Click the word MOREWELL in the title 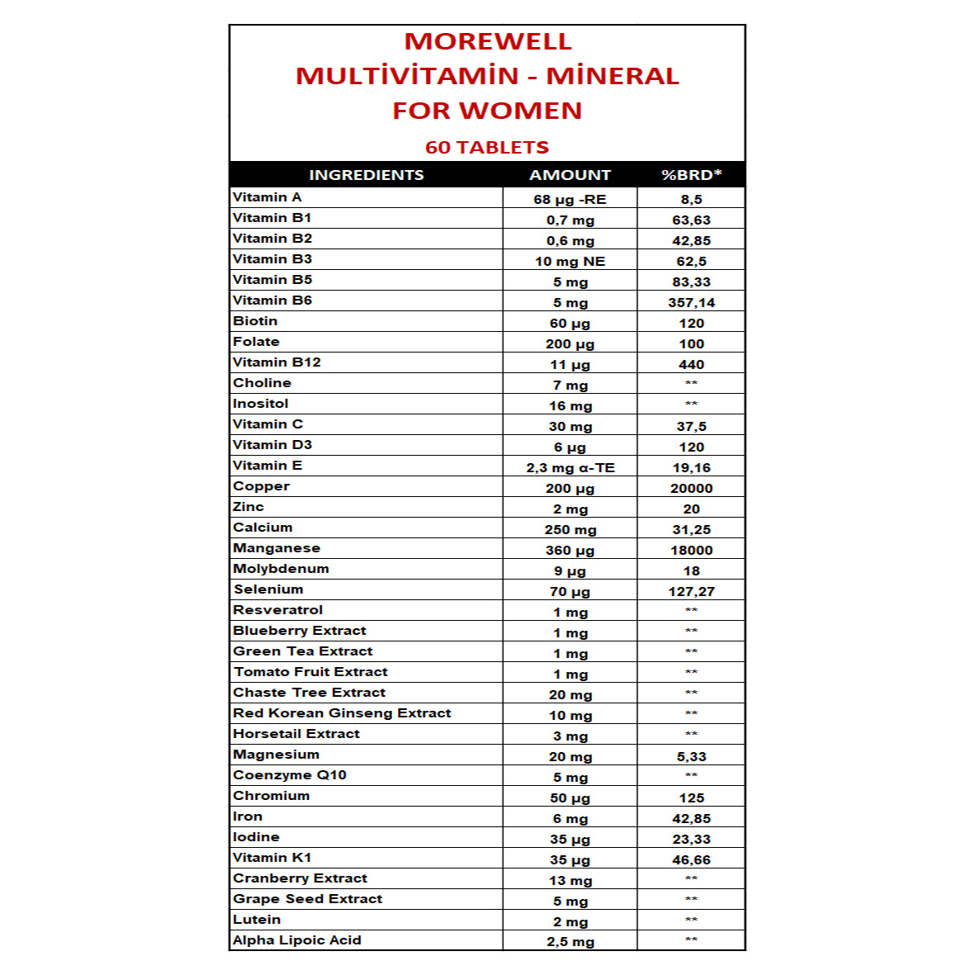487,41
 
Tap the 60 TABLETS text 487,148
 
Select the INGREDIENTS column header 367,175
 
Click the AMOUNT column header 570,175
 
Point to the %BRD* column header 691,175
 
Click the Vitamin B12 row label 277,362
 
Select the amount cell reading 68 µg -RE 570,200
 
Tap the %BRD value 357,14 691,303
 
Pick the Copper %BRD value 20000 691,489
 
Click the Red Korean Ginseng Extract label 342,713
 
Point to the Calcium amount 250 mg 570,530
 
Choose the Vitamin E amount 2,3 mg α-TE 570,468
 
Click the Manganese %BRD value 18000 691,551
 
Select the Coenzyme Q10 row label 290,775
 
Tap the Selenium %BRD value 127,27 691,592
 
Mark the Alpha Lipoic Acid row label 297,940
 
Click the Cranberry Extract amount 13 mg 570,881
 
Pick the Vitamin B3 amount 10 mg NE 570,262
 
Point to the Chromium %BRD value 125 691,798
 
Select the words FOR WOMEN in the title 487,111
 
